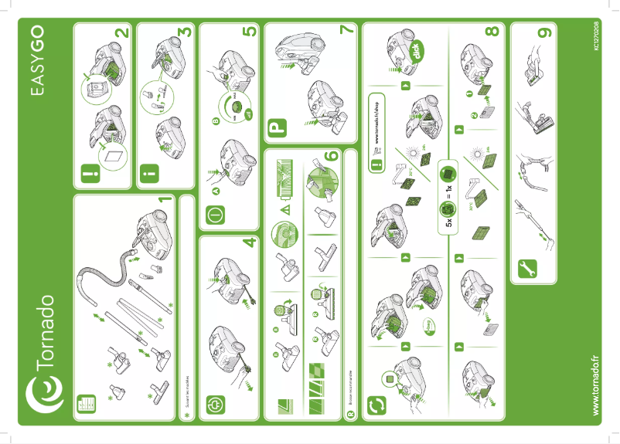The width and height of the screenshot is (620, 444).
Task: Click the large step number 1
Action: point(163,203)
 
